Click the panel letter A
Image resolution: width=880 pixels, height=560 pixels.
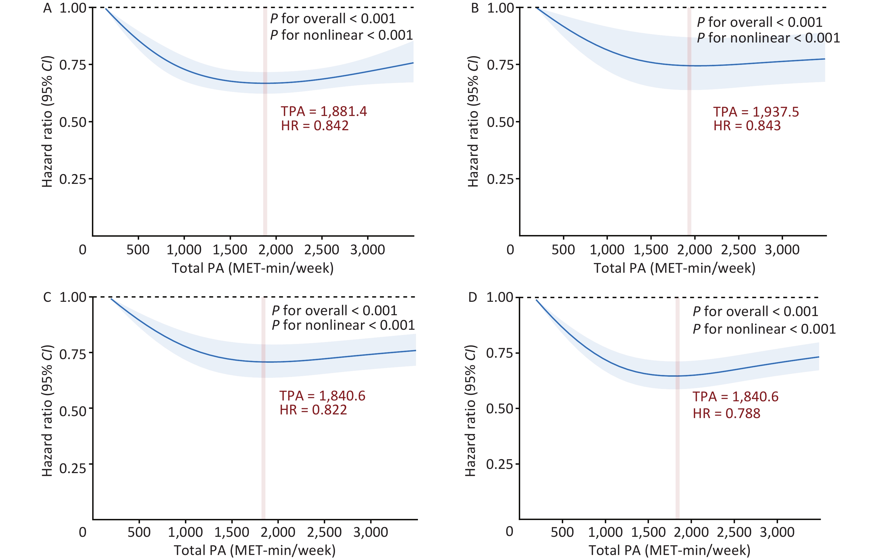(47, 8)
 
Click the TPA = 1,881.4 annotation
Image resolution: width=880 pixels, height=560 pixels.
(324, 111)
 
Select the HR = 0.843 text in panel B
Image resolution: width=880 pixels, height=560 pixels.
(747, 126)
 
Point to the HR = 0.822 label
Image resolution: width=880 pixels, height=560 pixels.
(313, 410)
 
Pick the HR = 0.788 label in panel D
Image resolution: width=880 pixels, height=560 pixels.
(727, 413)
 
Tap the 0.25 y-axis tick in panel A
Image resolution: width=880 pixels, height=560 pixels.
(73, 179)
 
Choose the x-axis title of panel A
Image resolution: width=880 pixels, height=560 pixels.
(253, 268)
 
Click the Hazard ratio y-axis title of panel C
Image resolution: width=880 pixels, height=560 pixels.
(47, 410)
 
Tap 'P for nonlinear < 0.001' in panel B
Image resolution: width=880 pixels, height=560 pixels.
(768, 38)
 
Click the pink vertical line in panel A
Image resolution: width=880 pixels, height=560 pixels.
(265, 165)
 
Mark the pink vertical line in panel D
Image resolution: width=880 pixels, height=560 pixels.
(677, 457)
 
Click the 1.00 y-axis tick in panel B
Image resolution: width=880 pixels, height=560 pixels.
(501, 8)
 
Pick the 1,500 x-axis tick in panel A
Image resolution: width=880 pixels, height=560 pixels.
(230, 250)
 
